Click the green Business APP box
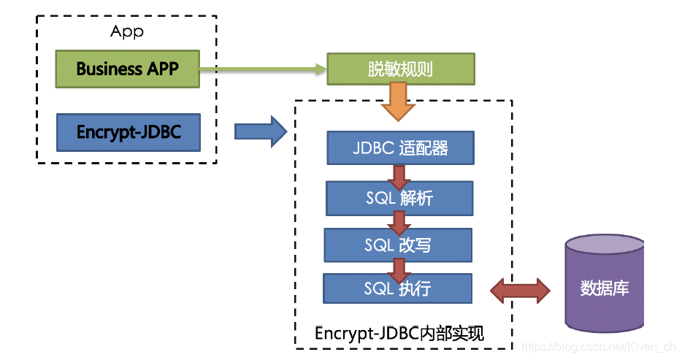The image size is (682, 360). tap(128, 69)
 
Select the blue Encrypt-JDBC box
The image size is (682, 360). tap(129, 133)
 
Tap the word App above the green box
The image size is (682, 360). tap(126, 31)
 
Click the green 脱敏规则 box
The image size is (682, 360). tap(401, 69)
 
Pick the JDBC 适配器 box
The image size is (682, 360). tap(401, 148)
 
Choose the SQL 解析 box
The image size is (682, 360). tap(399, 199)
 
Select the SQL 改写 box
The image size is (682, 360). tap(398, 245)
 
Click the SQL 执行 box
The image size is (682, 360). tap(397, 288)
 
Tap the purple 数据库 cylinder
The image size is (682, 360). tap(604, 283)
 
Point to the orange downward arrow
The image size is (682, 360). tap(399, 102)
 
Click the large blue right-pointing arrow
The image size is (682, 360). tap(261, 131)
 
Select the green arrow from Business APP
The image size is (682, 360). tap(263, 69)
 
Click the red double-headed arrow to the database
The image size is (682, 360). tap(520, 291)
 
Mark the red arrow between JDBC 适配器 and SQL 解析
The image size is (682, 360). tap(399, 177)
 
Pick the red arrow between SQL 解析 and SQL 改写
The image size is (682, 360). tap(399, 223)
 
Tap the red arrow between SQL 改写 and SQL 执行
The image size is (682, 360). tap(399, 270)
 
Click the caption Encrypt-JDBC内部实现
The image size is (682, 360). tap(399, 334)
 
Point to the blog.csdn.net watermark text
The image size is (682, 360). tap(599, 347)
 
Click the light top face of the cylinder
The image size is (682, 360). tap(604, 245)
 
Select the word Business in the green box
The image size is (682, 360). tap(110, 69)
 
